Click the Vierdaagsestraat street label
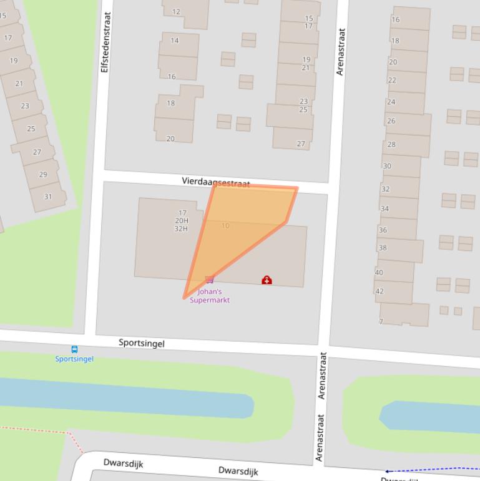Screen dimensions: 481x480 [x=216, y=182]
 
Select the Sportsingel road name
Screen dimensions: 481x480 [x=142, y=343]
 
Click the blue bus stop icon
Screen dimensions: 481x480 [x=74, y=350]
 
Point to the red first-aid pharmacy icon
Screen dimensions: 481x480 [x=267, y=280]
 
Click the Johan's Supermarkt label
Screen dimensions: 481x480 [x=210, y=295]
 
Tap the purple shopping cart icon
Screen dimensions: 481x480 [x=210, y=280]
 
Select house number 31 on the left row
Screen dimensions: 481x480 [x=48, y=196]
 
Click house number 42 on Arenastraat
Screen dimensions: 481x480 [x=380, y=291]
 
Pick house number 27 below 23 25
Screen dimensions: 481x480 [x=301, y=144]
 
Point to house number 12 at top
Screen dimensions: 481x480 [x=176, y=11]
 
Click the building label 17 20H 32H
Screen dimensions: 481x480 [x=182, y=221]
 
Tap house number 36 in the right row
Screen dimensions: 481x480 [x=383, y=230]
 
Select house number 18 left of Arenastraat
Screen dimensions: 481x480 [x=170, y=103]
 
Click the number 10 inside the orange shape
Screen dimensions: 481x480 [x=225, y=226]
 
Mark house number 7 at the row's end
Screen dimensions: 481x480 [x=381, y=322]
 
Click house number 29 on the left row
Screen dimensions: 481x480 [x=43, y=174]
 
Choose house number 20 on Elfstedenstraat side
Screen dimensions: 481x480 [x=170, y=139]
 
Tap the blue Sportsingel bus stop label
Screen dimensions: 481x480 [x=74, y=359]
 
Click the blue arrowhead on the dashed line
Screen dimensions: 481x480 [x=387, y=471]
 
